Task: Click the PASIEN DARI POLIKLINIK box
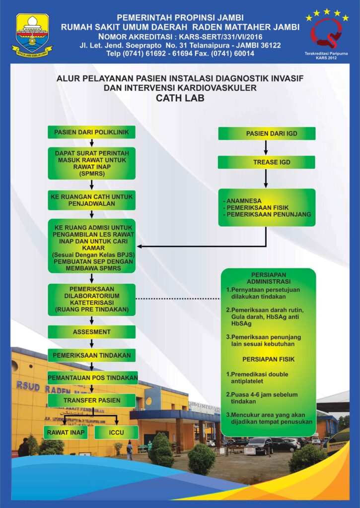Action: pos(92,133)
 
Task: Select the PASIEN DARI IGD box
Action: pos(267,133)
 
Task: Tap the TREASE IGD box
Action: pos(267,162)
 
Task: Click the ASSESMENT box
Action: pos(92,331)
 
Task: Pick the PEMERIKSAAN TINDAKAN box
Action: pos(92,355)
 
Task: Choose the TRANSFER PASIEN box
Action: pos(92,400)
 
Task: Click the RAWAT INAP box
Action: pos(67,433)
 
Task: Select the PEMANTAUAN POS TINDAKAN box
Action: pos(92,378)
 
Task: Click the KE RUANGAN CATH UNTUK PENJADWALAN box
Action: pos(92,200)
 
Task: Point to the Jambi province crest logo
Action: pos(32,34)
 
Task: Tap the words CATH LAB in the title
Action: pos(180,98)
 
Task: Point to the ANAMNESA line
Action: pos(245,200)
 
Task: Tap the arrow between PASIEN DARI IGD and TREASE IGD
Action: pos(266,148)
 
